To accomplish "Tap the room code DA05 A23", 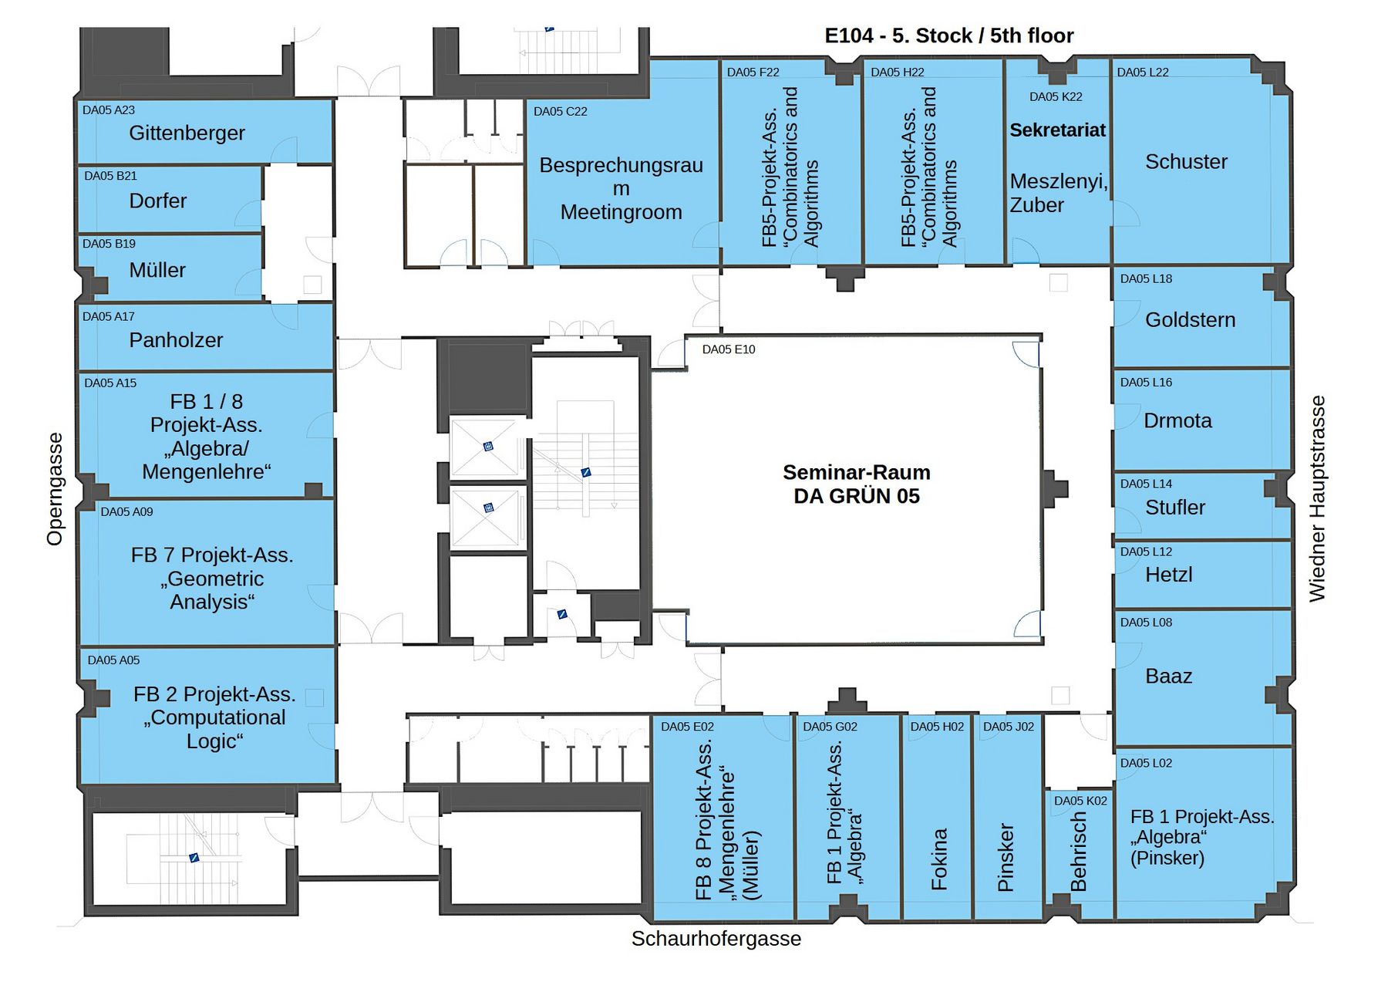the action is (x=109, y=110).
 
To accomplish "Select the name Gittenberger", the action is (x=187, y=133).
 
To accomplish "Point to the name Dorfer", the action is (x=158, y=201).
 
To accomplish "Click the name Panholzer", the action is (x=176, y=340).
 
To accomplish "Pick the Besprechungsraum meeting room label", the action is (x=621, y=188).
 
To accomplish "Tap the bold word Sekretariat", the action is (x=1058, y=130).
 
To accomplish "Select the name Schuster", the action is (x=1186, y=162).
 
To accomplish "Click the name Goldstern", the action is (x=1190, y=319).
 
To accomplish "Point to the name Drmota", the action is (x=1177, y=420).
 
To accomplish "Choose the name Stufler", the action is (x=1175, y=508).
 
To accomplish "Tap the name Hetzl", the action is (x=1169, y=575).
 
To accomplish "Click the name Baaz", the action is (x=1169, y=677).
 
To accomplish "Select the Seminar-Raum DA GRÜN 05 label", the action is (x=857, y=484).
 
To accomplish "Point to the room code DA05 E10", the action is (x=729, y=349).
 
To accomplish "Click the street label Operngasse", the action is (x=55, y=489).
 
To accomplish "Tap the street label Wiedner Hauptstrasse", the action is (x=1317, y=499).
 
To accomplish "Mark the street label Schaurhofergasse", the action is (x=716, y=939).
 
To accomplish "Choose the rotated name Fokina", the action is (x=938, y=859).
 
